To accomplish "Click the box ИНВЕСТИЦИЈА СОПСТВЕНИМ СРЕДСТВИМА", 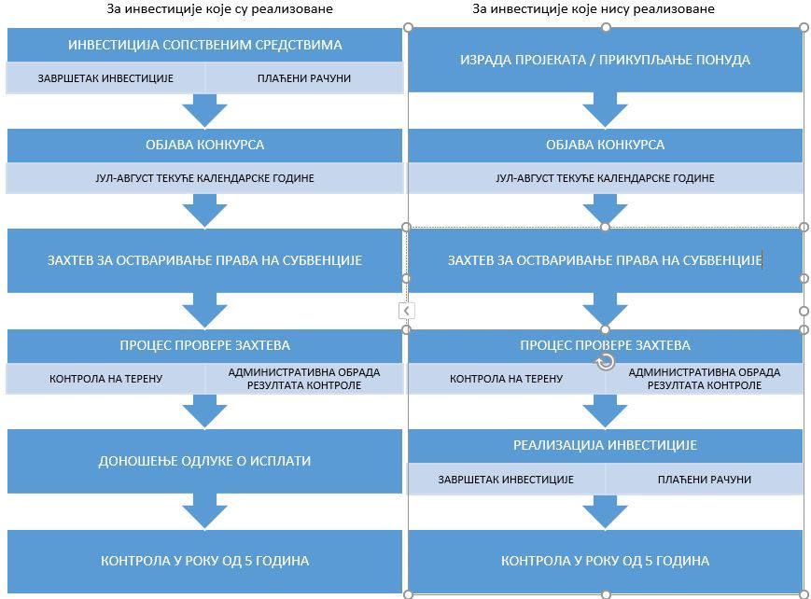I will [x=204, y=45].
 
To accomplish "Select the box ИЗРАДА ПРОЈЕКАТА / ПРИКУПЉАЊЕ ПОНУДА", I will [x=605, y=60].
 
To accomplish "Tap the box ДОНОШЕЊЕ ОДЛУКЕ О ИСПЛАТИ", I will [x=204, y=461].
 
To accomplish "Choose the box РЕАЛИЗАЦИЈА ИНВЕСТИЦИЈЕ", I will [x=605, y=446].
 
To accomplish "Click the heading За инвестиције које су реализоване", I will [x=219, y=9].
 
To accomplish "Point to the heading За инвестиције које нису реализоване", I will [x=594, y=9].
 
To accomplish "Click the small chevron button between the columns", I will [x=406, y=310].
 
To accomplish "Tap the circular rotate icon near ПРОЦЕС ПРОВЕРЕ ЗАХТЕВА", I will [x=606, y=362].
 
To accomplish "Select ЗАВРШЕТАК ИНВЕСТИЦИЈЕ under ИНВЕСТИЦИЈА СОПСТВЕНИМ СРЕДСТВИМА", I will [x=105, y=78].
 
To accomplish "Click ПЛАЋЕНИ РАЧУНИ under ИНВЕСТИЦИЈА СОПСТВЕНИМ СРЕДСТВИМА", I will [x=304, y=78].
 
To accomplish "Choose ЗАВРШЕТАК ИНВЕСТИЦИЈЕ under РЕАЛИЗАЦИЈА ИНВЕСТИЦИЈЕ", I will [x=506, y=480].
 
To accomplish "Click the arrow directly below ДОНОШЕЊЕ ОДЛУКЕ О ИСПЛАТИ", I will [x=204, y=512].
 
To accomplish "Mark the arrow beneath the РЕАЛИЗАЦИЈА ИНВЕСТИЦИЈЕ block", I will [x=605, y=512].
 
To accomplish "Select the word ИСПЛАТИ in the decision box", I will [x=284, y=461].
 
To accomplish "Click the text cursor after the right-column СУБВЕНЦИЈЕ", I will [x=762, y=260].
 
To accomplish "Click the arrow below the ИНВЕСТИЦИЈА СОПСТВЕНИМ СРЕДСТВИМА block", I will [x=204, y=111].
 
